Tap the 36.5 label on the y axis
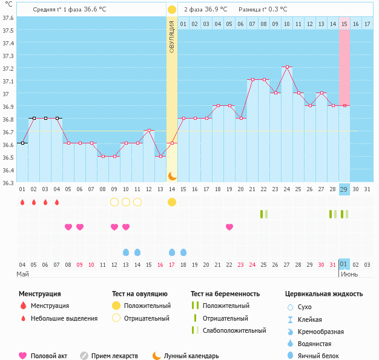[x=7, y=157]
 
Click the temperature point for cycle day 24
[x=287, y=67]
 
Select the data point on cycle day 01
[x=22, y=143]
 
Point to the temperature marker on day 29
[x=344, y=105]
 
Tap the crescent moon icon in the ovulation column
[x=172, y=175]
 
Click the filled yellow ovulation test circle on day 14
[x=172, y=201]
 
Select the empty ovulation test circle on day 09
[x=114, y=201]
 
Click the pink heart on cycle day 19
[x=229, y=227]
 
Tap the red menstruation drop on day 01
[x=22, y=201]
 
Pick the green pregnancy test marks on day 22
[x=264, y=214]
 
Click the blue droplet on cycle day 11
[x=137, y=252]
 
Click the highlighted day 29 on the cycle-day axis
[x=344, y=189]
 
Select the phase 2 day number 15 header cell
[x=344, y=24]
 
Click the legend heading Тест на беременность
[x=225, y=294]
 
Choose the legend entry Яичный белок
[x=323, y=356]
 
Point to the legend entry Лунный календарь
[x=191, y=356]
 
